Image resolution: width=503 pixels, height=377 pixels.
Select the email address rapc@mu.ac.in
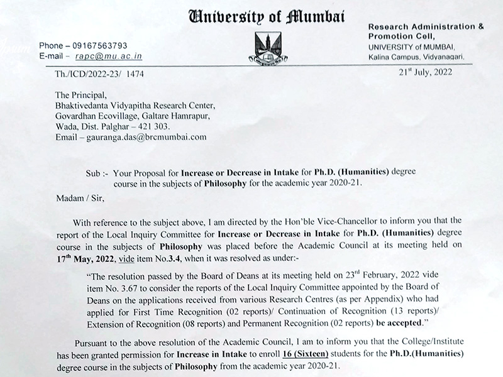pos(112,56)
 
